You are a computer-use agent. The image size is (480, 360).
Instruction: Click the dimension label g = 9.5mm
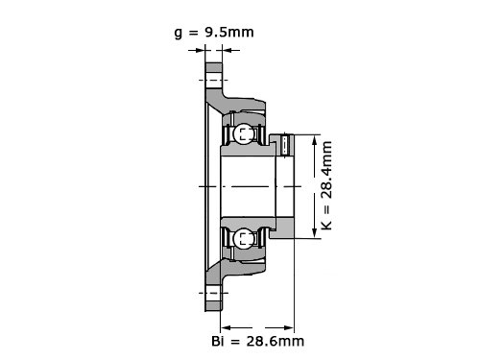click(x=214, y=33)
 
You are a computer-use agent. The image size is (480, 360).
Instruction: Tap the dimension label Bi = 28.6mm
click(x=257, y=341)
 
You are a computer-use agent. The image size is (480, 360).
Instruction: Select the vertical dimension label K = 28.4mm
click(x=326, y=185)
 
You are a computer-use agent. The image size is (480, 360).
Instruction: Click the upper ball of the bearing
click(x=243, y=133)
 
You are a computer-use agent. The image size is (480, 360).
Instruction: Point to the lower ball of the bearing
click(x=243, y=238)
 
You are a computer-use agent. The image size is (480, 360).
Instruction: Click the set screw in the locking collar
click(x=287, y=145)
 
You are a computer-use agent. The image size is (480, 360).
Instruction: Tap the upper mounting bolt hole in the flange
click(x=213, y=80)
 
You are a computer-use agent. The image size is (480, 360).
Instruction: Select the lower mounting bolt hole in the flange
click(x=213, y=293)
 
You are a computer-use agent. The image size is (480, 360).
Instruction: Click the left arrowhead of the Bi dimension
click(x=227, y=327)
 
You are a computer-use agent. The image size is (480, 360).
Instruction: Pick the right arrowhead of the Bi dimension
click(x=289, y=327)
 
